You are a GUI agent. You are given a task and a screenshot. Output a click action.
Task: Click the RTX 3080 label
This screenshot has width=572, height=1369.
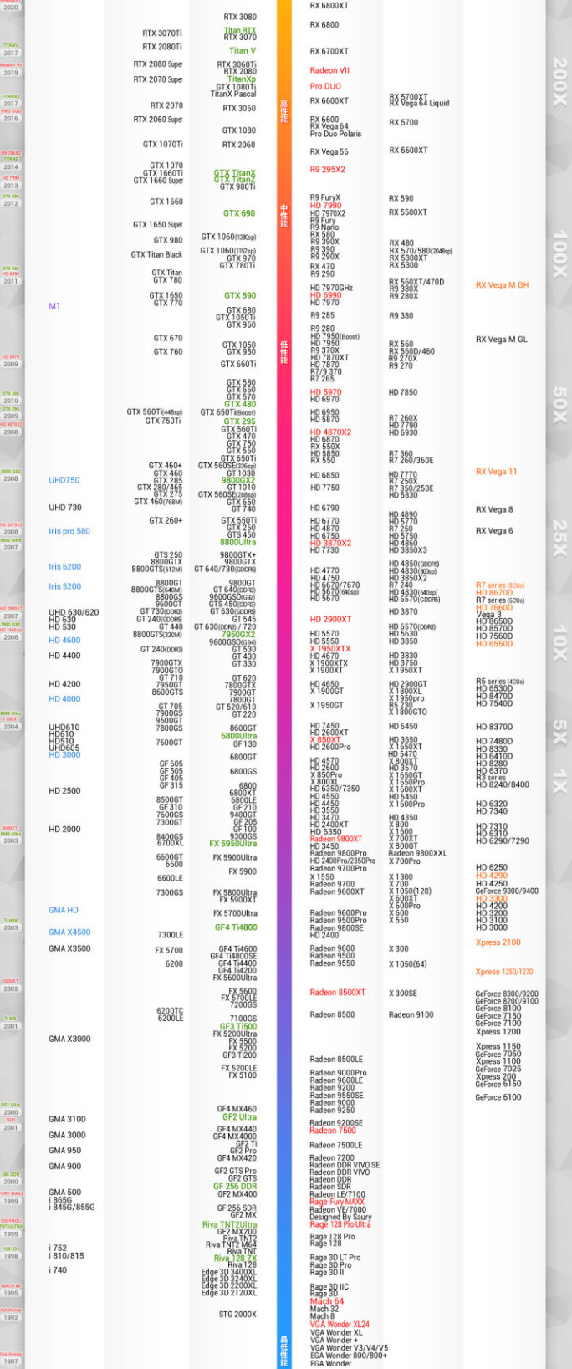click(240, 17)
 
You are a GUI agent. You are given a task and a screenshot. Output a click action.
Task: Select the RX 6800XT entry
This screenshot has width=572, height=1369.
click(329, 6)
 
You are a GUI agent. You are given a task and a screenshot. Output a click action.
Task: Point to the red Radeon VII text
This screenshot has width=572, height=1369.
click(329, 71)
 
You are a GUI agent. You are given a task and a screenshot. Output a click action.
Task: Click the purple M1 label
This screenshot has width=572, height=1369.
click(54, 306)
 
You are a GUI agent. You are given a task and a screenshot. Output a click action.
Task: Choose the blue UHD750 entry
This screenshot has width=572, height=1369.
click(64, 481)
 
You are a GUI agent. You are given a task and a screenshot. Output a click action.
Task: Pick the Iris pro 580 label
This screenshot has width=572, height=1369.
click(69, 531)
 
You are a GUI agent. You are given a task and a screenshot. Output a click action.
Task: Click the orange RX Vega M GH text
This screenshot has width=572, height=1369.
click(502, 285)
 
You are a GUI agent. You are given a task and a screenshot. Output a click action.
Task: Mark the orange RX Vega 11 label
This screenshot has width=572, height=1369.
click(496, 472)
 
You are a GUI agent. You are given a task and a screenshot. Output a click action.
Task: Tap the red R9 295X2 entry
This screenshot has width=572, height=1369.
click(327, 170)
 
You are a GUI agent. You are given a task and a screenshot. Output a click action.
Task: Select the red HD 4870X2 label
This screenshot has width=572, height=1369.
click(330, 432)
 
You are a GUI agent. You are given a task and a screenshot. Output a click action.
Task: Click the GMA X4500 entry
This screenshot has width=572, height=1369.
click(69, 932)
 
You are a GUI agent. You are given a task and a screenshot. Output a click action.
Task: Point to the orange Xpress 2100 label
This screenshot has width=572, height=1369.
click(498, 942)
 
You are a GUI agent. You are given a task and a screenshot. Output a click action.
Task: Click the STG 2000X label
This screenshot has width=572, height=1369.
click(237, 1315)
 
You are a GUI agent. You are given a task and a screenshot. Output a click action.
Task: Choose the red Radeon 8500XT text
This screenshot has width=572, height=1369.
click(337, 993)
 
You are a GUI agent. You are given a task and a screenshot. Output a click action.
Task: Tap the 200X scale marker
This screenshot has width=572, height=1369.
click(559, 81)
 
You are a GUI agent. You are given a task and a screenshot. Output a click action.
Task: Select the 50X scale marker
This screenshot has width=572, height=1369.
click(559, 405)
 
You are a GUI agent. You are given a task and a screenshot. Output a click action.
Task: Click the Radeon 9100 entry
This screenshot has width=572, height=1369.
click(411, 1015)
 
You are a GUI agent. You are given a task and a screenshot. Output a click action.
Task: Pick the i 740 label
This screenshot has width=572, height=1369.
click(58, 1270)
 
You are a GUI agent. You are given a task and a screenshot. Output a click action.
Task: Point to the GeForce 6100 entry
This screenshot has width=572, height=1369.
click(498, 1097)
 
